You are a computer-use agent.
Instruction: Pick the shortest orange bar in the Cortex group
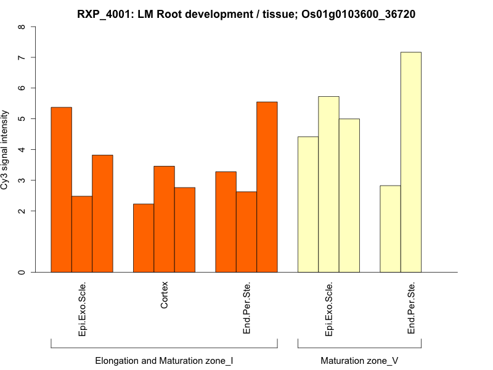point(144,238)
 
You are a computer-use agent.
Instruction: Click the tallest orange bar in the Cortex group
point(164,219)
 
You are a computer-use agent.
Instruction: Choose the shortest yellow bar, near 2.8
point(390,229)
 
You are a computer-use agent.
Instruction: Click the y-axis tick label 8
point(23,27)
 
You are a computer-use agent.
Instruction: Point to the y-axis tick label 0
point(23,272)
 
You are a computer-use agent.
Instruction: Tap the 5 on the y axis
point(23,118)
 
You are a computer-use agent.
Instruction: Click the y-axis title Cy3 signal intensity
point(6,150)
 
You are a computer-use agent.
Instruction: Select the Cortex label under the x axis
point(165,295)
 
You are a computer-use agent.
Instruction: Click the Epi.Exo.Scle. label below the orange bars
point(83,308)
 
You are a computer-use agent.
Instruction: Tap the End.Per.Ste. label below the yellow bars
point(412,308)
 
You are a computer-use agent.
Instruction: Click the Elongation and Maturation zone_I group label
point(164,360)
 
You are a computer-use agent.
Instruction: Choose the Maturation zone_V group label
point(359,360)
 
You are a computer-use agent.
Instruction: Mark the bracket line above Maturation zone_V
point(359,347)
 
